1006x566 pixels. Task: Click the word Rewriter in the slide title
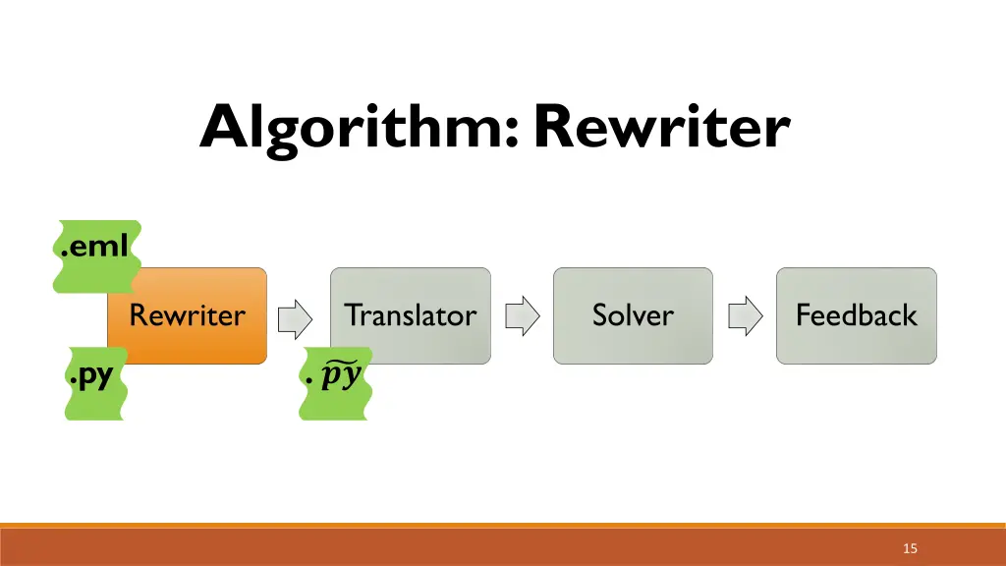[661, 127]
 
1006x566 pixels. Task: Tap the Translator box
[410, 315]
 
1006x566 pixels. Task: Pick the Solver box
[633, 315]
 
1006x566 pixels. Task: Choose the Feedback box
[856, 315]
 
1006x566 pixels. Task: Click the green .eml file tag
[94, 247]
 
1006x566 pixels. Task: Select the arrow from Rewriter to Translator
[295, 316]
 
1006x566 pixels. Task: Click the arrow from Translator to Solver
[522, 316]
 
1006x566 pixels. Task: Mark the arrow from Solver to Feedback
[745, 316]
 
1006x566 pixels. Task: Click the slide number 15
[910, 548]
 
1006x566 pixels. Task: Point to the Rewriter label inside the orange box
[187, 315]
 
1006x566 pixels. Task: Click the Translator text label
[410, 315]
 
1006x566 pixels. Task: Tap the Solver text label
[633, 315]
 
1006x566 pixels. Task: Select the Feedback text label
[856, 315]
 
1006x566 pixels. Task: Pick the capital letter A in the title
[223, 127]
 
